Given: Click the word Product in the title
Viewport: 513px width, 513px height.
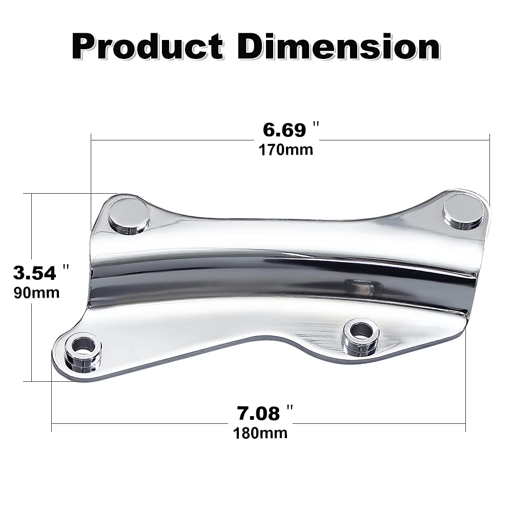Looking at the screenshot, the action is pos(148,46).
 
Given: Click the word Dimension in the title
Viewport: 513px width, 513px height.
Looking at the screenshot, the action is pos(339,46).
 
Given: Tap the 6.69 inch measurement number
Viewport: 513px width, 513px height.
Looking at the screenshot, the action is pos(284,130).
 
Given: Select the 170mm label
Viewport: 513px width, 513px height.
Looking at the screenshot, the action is pos(286,150).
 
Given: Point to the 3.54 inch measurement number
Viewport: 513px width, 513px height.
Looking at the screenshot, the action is pos(35,273).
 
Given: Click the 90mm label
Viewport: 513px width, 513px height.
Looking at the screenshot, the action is pos(37,293).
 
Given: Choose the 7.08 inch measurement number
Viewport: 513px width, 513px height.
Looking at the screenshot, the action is pos(258,413).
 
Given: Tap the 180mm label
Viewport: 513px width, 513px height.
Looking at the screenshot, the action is pos(260,434).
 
